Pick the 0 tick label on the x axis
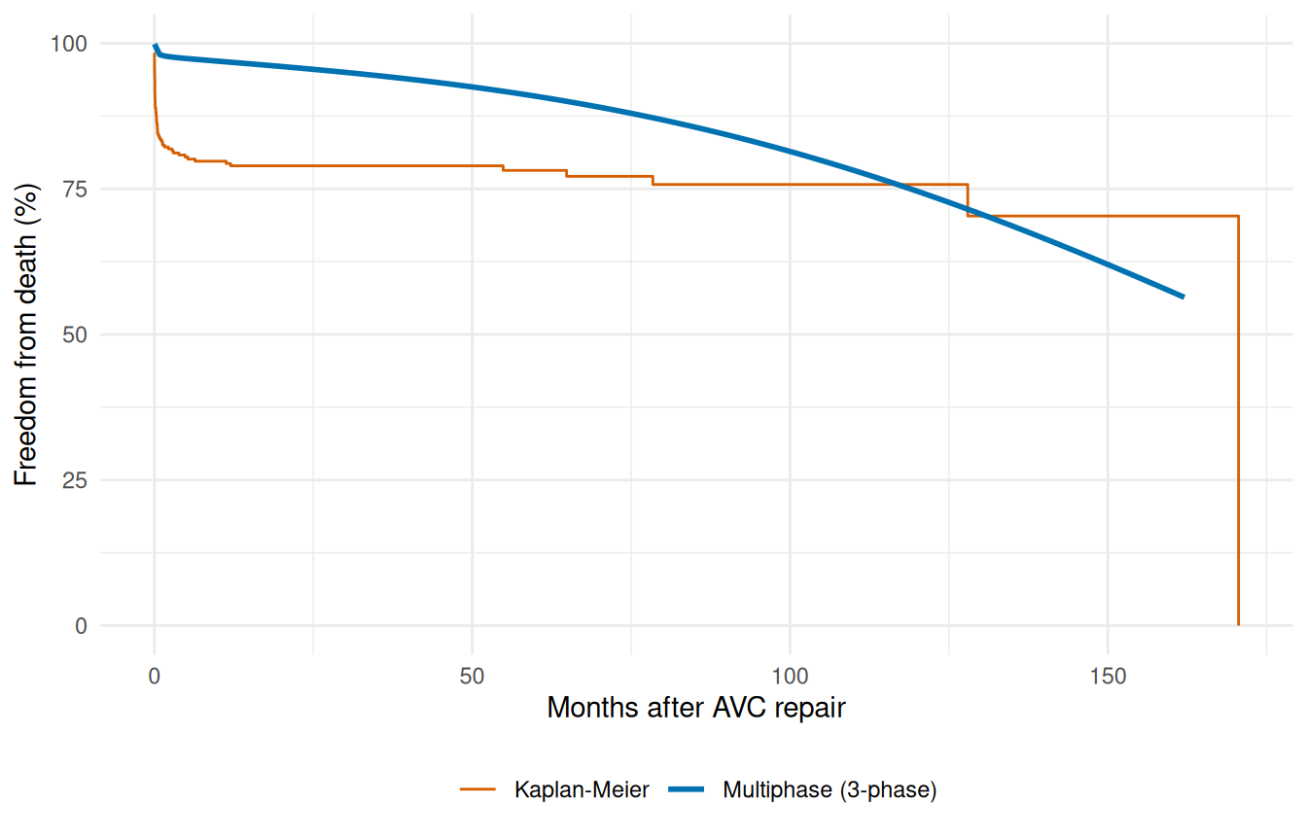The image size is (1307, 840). pos(154,675)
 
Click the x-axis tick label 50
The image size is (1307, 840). pos(472,675)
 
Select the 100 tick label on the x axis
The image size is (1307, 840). pos(790,675)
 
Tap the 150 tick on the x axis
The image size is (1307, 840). pos(1108,675)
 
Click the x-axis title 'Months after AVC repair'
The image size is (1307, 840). pos(696,708)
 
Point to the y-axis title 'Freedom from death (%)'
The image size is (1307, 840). pos(26,334)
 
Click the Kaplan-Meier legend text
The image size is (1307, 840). pos(582,790)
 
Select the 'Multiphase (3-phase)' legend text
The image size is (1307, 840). pos(830,790)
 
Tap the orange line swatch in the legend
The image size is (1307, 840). pos(478,790)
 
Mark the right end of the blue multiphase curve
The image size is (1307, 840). pos(1183,297)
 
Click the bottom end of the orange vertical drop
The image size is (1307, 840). pos(1238,625)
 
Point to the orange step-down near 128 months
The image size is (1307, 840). pos(968,200)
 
